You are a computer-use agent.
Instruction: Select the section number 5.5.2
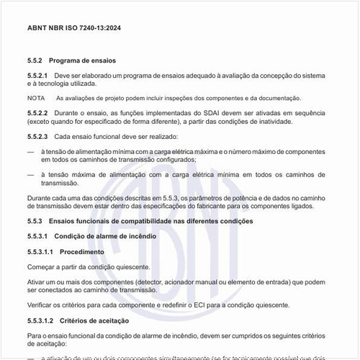tap(37, 60)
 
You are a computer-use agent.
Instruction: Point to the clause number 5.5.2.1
tap(38, 75)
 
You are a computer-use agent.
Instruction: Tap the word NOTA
tap(36, 98)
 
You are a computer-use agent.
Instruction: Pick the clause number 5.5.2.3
tap(38, 136)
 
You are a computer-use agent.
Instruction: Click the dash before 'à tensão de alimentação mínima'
tap(30, 151)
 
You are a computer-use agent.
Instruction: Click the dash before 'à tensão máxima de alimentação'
tap(30, 174)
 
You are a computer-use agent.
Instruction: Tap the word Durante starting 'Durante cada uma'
tap(40, 198)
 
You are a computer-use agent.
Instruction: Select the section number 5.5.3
tap(37, 220)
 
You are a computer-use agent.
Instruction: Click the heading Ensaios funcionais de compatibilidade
tap(158, 220)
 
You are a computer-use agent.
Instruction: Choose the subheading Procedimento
tap(82, 251)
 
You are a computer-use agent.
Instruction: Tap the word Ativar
tap(37, 282)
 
